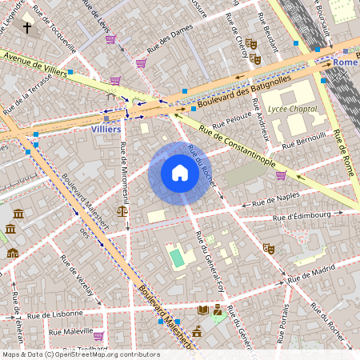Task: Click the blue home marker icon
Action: click(179, 173)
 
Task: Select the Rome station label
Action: click(345, 62)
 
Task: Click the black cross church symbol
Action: click(27, 28)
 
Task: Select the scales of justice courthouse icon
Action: click(122, 212)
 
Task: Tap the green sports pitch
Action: click(176, 258)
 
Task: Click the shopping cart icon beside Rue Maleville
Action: click(98, 336)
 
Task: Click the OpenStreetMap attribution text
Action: click(81, 354)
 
